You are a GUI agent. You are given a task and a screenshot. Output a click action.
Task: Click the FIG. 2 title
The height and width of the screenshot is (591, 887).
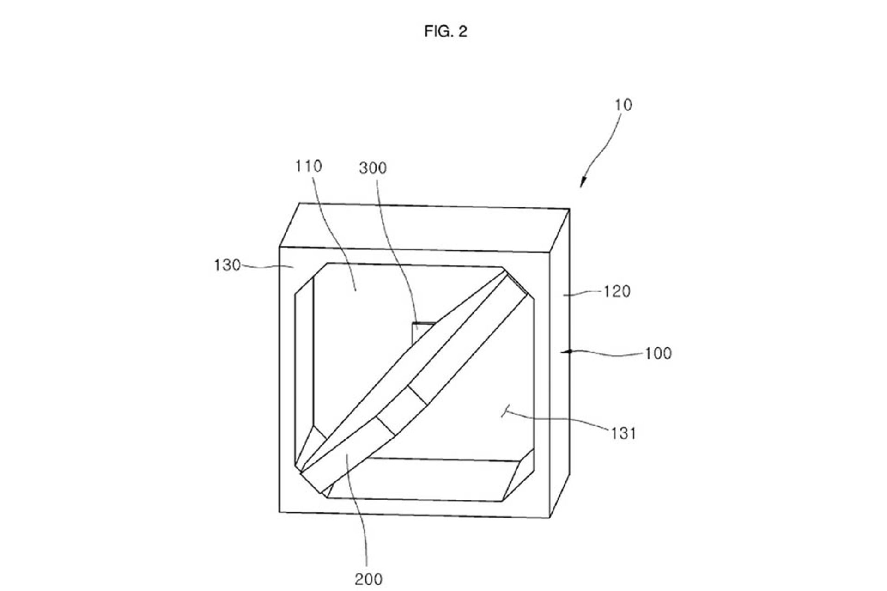point(446,31)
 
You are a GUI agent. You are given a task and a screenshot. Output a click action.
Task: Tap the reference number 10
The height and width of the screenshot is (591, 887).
point(623,105)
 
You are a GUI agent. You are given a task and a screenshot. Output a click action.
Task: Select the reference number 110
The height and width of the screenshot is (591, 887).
point(309,166)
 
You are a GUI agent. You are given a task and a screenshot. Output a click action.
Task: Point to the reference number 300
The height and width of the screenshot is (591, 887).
point(373,168)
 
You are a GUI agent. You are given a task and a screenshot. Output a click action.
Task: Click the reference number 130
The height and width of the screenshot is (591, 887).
point(227,265)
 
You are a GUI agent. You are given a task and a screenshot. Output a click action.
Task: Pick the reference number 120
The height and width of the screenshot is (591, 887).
point(617,292)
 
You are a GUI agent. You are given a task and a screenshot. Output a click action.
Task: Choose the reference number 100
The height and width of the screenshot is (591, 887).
point(658,353)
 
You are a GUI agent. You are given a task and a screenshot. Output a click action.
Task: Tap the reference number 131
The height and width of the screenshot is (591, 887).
point(624,433)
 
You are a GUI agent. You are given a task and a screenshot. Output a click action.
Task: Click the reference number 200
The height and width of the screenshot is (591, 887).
point(369,579)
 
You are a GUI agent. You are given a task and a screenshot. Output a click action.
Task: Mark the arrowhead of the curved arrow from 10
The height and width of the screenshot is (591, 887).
point(583,183)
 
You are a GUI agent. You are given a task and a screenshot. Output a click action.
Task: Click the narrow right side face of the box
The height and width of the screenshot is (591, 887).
point(559,363)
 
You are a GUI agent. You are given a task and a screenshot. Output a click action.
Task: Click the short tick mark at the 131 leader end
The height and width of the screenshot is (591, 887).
point(505,410)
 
